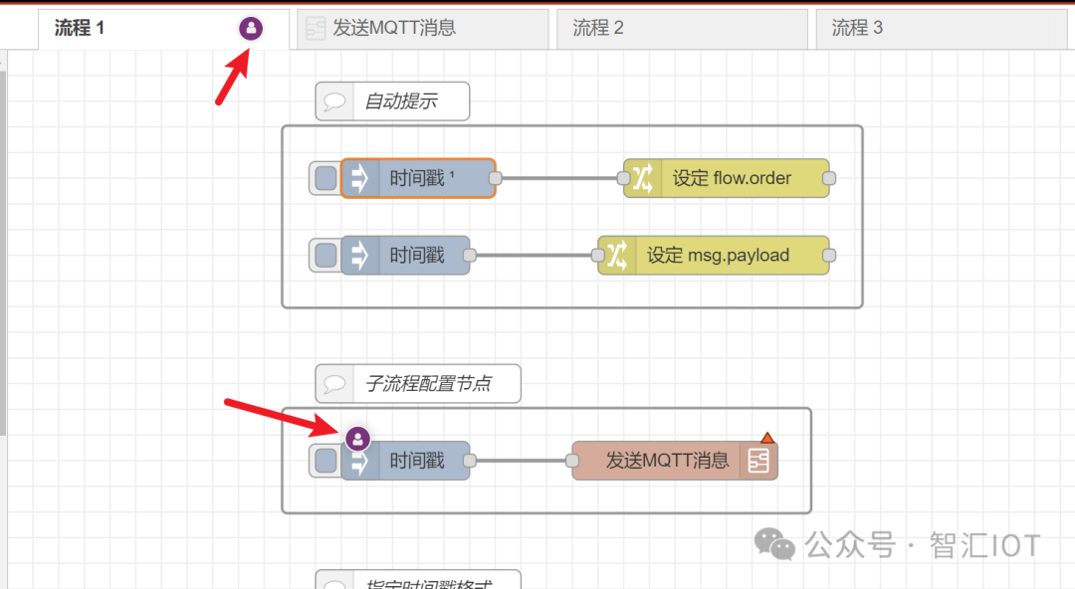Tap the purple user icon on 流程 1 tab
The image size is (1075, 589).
tap(251, 29)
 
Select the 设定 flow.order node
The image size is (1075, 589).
tap(732, 178)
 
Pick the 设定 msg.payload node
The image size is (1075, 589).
tap(718, 256)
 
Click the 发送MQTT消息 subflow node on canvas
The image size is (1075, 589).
tap(667, 461)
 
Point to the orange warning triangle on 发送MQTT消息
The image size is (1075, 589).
tap(766, 437)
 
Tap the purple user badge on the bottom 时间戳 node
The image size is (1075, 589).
tap(357, 438)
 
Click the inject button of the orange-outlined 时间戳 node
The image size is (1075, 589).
tap(325, 178)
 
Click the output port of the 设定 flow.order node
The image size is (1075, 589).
tap(829, 178)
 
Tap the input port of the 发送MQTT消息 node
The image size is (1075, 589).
tap(571, 461)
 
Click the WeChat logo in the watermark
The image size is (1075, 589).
tap(774, 543)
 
